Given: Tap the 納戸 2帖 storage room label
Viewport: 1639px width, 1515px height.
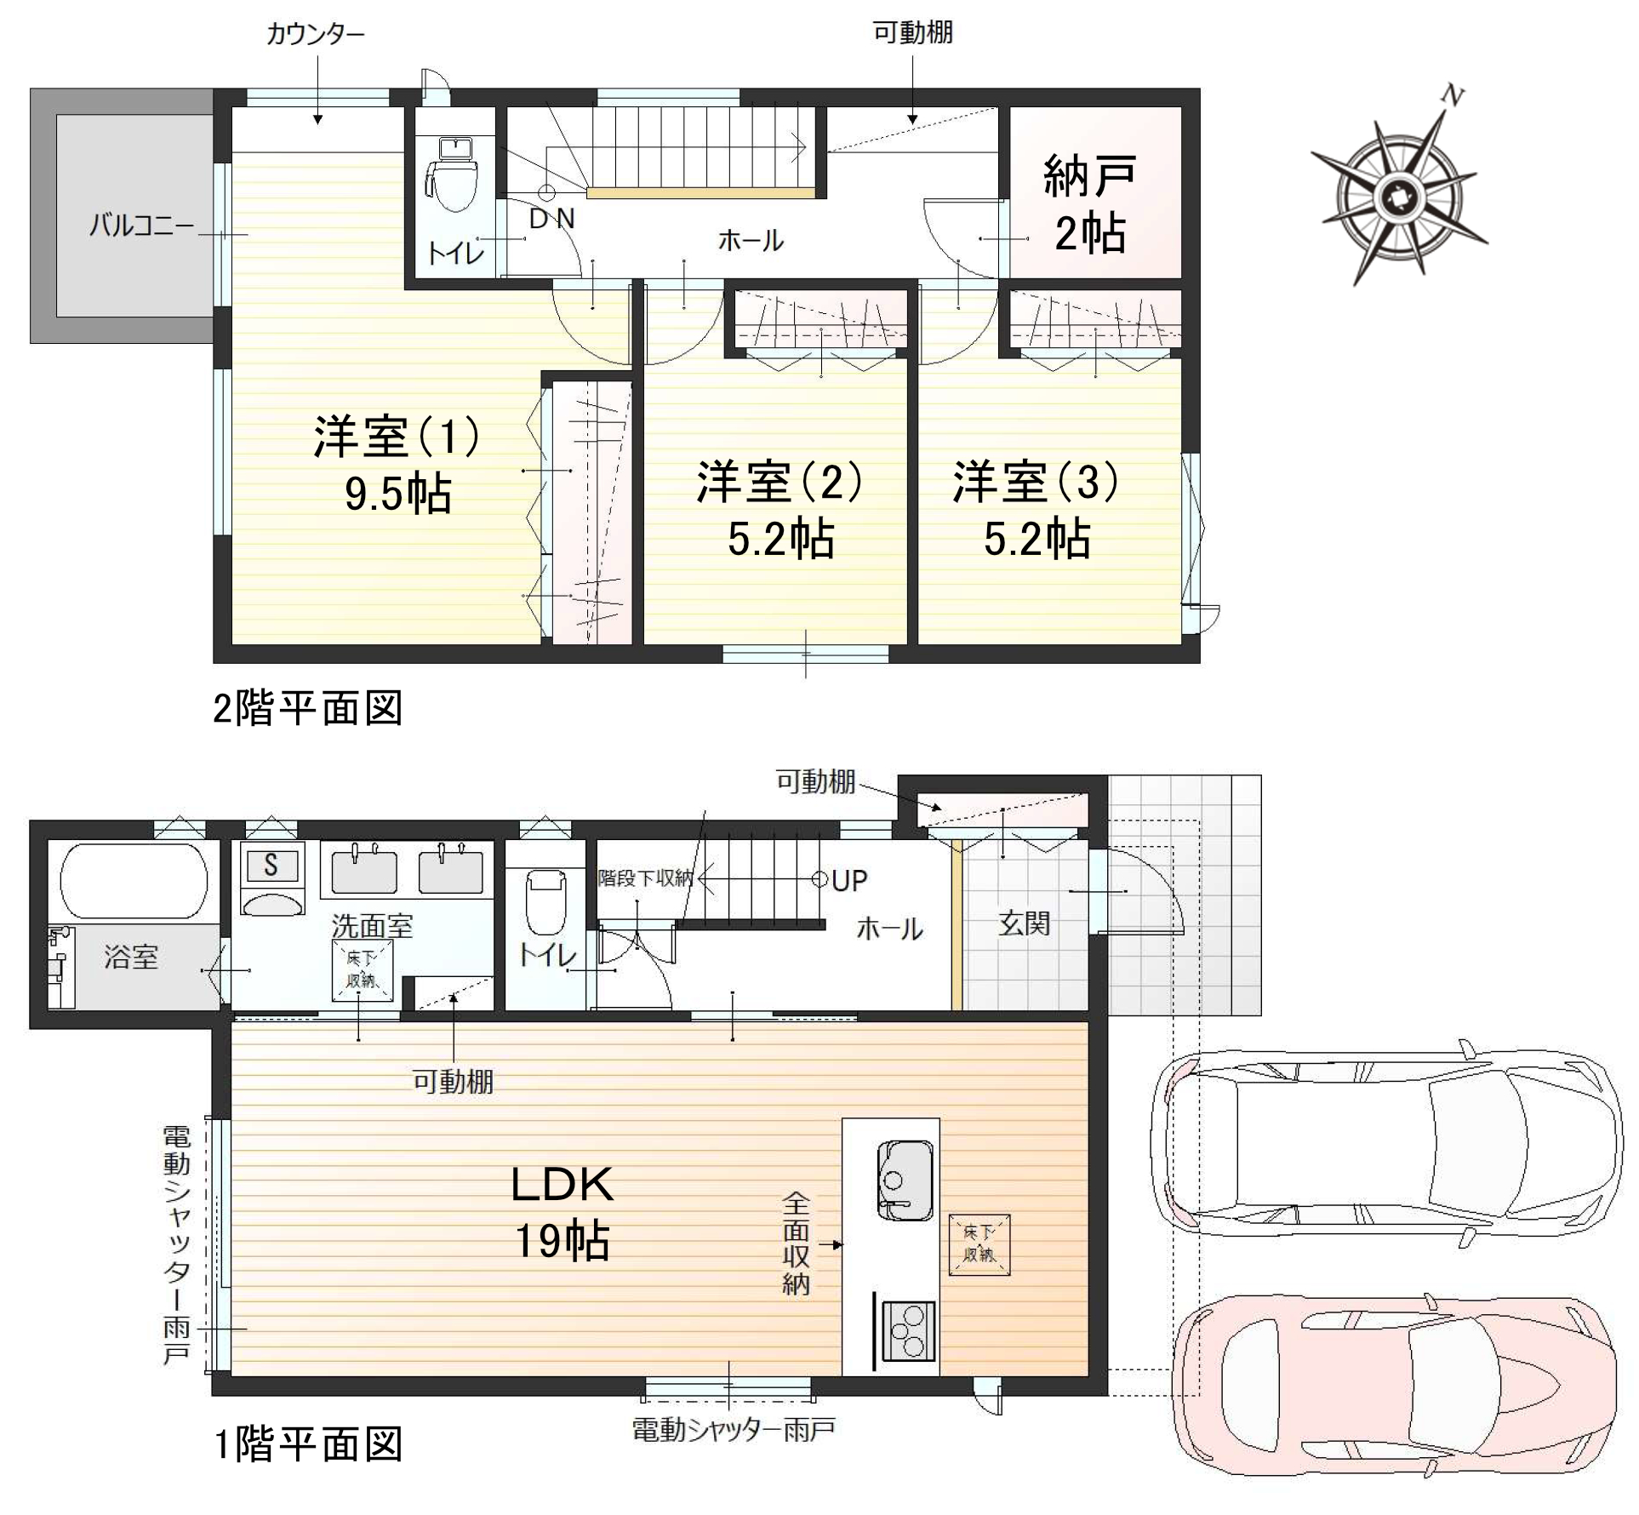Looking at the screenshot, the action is [1090, 204].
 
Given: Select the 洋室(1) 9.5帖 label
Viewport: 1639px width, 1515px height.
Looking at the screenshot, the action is [397, 465].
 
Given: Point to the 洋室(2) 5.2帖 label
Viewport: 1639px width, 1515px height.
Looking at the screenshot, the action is [780, 510].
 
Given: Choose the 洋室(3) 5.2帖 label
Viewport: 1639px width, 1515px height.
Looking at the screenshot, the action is [1037, 510].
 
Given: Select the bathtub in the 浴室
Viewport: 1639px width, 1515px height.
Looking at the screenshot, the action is [134, 880].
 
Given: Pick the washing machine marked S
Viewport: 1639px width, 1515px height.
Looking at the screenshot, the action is [271, 878].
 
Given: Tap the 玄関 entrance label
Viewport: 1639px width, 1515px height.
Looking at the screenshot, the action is [1024, 923].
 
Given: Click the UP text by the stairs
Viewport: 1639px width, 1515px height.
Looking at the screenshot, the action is [849, 881].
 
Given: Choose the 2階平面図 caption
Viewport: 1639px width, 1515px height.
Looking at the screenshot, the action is [307, 708].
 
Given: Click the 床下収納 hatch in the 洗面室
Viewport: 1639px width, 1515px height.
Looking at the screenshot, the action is [362, 971].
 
